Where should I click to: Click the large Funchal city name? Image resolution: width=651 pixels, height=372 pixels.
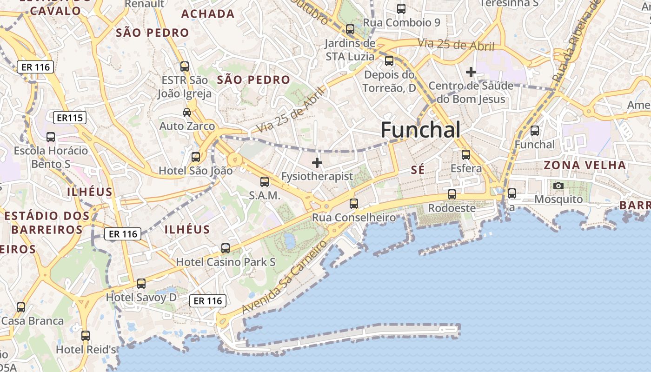click(420, 130)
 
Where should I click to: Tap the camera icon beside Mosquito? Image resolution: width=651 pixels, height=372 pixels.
click(558, 186)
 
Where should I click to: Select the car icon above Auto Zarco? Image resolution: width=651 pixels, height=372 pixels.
click(187, 113)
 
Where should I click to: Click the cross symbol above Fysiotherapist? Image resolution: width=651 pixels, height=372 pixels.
click(317, 163)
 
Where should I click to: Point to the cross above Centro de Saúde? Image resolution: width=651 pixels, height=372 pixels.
click(471, 72)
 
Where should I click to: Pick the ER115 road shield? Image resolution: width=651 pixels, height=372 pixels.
click(70, 118)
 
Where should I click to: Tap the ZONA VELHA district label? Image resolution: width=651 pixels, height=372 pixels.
click(585, 165)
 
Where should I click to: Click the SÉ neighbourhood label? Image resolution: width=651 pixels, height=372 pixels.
click(418, 170)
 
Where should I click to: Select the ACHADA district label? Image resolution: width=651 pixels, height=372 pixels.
click(208, 14)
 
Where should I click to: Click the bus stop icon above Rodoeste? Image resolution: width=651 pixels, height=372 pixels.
click(452, 194)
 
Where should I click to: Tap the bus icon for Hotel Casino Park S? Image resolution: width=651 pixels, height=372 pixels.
click(226, 248)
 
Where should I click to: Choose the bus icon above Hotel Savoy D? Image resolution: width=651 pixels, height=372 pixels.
click(141, 283)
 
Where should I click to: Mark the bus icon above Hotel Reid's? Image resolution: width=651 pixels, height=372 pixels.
click(86, 335)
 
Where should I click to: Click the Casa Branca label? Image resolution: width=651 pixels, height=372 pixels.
click(33, 321)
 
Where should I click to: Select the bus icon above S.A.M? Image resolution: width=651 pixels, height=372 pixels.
click(265, 181)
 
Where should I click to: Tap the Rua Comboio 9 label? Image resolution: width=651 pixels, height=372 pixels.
click(401, 22)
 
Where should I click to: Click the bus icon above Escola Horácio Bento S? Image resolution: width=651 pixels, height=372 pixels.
click(51, 137)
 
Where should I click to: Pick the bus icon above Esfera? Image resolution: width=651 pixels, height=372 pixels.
click(466, 155)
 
